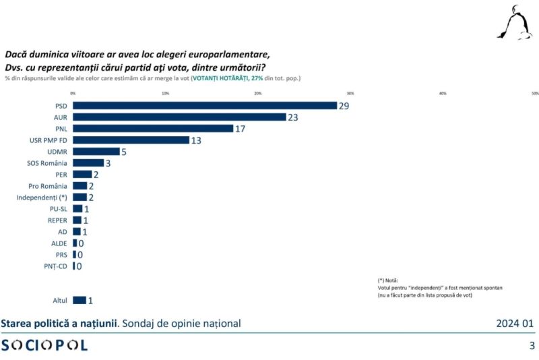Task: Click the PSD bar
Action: point(205,105)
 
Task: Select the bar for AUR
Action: point(179,117)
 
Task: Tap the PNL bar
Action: point(153,128)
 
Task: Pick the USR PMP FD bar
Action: point(131,140)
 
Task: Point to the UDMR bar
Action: point(96,151)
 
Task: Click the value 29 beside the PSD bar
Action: point(344,106)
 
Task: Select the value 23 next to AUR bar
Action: point(293,117)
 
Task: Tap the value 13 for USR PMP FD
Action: point(196,140)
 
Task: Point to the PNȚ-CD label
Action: point(55,266)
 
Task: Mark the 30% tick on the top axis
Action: point(350,93)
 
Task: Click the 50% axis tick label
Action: point(535,93)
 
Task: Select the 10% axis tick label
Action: point(165,93)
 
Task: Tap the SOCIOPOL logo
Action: point(44,345)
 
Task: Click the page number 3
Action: point(532,346)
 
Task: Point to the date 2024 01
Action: point(515,324)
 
